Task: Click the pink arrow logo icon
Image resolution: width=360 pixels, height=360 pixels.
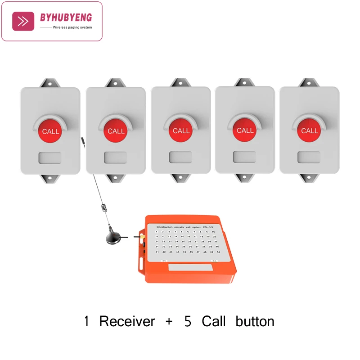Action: [23, 21]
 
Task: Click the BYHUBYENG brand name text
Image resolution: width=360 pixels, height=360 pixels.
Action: [66, 18]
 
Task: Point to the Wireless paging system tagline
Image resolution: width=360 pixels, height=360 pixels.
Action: [72, 27]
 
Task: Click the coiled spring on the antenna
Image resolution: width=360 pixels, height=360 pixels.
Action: [104, 208]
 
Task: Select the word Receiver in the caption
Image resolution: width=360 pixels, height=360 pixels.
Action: [127, 321]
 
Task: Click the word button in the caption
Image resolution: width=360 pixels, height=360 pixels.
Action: [255, 321]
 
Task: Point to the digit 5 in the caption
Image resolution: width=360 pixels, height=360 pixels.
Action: [188, 321]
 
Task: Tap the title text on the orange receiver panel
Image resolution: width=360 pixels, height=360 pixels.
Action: [184, 227]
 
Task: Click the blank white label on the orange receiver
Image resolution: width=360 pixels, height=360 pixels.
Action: [191, 267]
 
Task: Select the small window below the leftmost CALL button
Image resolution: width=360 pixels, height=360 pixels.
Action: [49, 157]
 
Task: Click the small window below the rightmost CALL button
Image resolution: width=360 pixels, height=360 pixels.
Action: [309, 157]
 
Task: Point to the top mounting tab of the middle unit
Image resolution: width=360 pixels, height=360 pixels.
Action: [180, 82]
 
